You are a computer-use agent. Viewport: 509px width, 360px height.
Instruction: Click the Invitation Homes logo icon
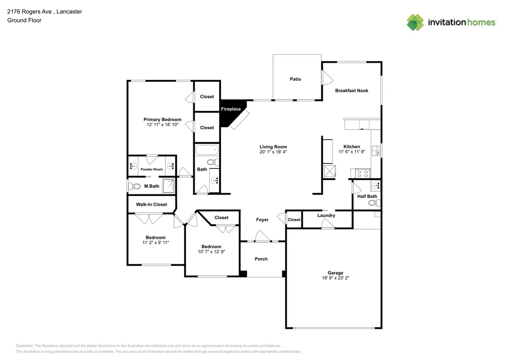(x=415, y=23)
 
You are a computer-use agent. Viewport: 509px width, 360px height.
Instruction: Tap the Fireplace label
(x=231, y=109)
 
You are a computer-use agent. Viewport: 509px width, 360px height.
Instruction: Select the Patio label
(x=295, y=79)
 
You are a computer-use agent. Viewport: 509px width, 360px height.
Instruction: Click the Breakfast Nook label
(x=352, y=90)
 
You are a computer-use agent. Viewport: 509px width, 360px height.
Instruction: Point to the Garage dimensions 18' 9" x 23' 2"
(x=335, y=278)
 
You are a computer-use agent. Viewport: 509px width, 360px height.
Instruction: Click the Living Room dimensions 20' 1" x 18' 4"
(x=273, y=152)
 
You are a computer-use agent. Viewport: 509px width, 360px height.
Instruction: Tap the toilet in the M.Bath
(x=135, y=186)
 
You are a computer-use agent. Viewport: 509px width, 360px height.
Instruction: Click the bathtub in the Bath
(x=207, y=151)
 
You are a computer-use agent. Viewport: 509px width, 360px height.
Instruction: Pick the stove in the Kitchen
(x=363, y=174)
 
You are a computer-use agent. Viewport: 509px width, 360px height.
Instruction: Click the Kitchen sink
(x=375, y=151)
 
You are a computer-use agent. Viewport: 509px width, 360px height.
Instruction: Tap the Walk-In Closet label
(x=151, y=204)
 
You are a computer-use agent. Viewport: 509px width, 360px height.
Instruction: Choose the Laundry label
(x=326, y=215)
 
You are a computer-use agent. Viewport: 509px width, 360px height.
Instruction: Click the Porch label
(x=261, y=259)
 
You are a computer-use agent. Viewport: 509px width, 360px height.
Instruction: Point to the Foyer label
(x=262, y=220)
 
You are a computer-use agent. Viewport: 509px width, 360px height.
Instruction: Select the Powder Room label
(x=152, y=169)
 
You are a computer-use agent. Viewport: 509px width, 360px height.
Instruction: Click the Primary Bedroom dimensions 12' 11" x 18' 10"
(x=162, y=125)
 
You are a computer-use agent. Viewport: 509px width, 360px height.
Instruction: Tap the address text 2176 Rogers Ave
(x=29, y=12)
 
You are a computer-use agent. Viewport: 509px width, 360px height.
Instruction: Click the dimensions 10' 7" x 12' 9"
(x=212, y=252)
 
